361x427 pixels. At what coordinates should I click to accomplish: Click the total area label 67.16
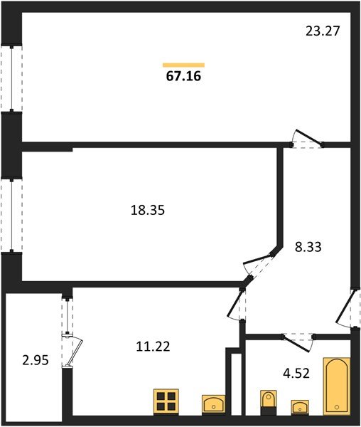[x=183, y=75]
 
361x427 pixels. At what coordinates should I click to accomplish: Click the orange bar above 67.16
[x=183, y=65]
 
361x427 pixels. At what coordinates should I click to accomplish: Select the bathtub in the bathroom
[x=337, y=386]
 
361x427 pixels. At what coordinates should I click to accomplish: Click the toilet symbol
[x=268, y=401]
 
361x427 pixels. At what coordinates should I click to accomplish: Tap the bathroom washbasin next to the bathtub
[x=300, y=407]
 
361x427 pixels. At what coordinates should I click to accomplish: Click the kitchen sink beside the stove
[x=213, y=404]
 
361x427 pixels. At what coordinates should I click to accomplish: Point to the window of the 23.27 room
[x=11, y=78]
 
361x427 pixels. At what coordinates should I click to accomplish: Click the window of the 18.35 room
[x=11, y=215]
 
